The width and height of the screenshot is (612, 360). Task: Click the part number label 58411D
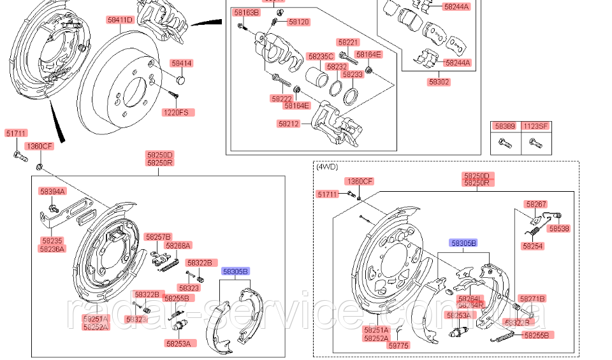(120, 20)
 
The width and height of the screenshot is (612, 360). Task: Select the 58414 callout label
(181, 64)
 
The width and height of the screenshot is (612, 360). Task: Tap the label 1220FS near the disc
(176, 112)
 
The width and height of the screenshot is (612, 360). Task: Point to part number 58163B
(246, 13)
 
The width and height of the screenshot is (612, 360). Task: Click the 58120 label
(298, 22)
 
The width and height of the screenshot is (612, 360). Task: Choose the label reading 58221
(349, 42)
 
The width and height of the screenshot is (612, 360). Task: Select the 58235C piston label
(320, 56)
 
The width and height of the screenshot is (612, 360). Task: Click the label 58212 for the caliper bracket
(288, 124)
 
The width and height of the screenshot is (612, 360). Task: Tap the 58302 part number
(439, 82)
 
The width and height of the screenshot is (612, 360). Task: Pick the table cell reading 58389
(506, 126)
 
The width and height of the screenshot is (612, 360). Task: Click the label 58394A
(52, 191)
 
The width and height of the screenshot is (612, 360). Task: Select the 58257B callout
(157, 236)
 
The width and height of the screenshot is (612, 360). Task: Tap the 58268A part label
(178, 245)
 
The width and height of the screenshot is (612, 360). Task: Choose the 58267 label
(536, 204)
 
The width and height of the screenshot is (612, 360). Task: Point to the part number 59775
(399, 345)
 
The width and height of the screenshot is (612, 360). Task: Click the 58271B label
(532, 298)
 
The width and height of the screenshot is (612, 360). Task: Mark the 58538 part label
(559, 227)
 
